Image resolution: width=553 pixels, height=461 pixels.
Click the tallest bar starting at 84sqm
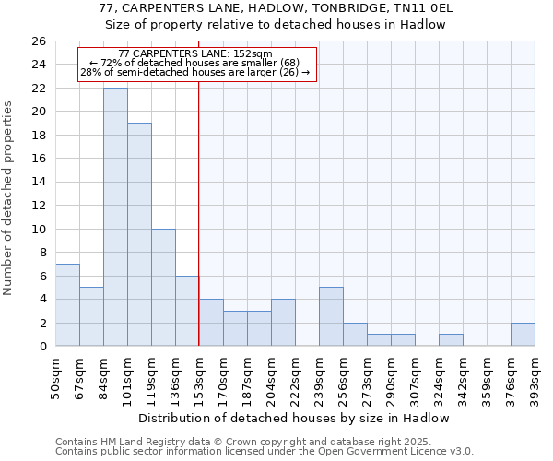[115, 217]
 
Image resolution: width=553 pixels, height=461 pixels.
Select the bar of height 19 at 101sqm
[139, 234]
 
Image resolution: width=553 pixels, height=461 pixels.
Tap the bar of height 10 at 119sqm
[163, 287]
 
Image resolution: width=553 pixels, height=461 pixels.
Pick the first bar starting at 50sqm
[67, 304]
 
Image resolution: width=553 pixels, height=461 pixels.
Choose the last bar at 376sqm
[523, 334]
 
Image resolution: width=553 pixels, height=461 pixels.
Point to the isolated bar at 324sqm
[451, 339]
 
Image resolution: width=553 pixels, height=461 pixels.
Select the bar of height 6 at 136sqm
[187, 311]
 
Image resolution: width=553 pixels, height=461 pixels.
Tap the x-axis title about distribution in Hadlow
[295, 418]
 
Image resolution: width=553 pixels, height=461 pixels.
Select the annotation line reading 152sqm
[195, 54]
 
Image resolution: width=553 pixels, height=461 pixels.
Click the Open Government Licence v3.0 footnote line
[265, 451]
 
